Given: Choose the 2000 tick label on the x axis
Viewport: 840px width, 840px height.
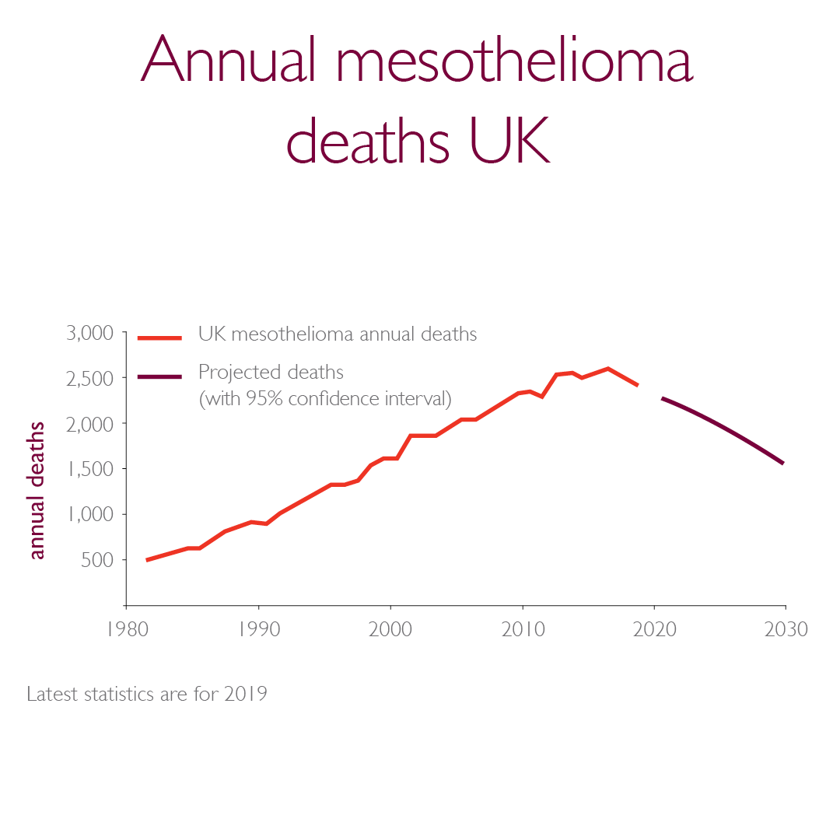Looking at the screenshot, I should tap(390, 628).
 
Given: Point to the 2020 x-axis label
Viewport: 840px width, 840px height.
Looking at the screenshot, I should tap(654, 628).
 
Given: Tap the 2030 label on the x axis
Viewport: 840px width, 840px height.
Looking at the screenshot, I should tap(786, 628).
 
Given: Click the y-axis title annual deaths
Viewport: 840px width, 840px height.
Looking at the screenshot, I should tap(37, 491).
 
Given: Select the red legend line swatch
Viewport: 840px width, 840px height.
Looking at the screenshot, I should tap(159, 338).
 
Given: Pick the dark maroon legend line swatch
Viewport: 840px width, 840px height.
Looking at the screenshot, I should tap(159, 377).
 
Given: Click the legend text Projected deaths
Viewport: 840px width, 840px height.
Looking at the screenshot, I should tap(271, 371).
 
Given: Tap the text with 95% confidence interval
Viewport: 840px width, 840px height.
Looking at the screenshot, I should tap(325, 399).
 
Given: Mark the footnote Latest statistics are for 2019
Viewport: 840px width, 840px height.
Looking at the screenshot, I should tap(147, 694).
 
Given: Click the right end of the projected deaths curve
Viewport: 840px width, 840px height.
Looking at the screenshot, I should tap(782, 462).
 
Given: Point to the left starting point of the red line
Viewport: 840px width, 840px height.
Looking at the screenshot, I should tap(148, 560).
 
